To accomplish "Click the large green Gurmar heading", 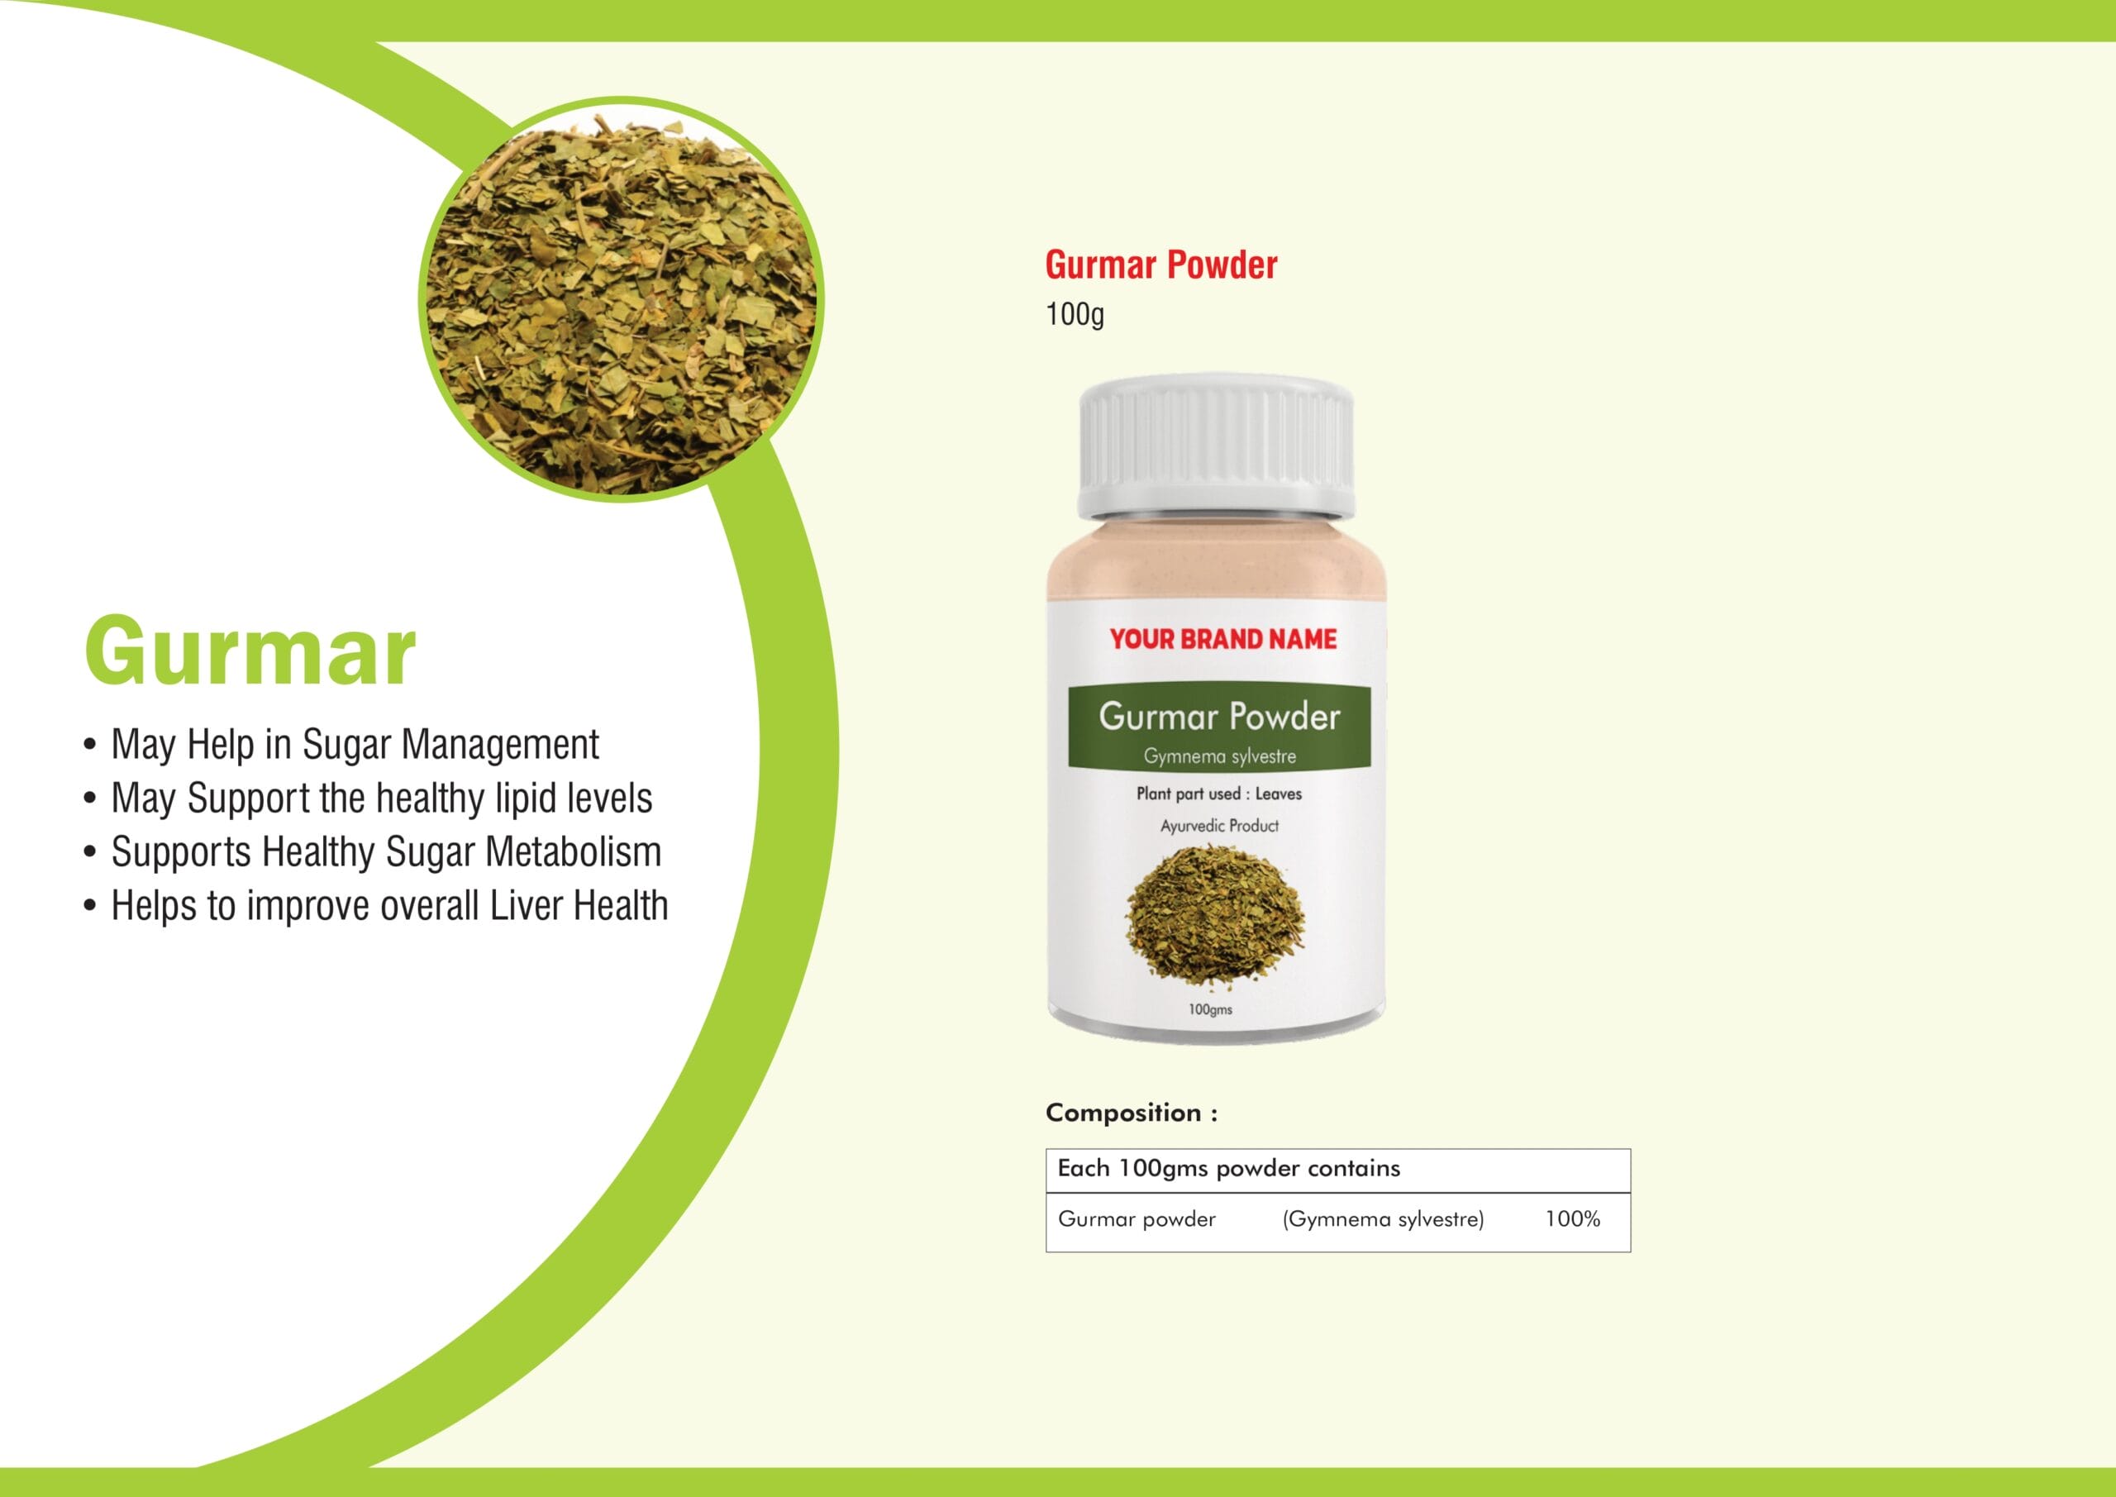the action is pos(250,651).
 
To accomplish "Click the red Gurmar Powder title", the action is pos(1161,265).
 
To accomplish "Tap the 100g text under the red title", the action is pos(1075,315).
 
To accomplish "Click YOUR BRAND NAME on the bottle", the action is pos(1223,639).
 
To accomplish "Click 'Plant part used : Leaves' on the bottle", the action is pos(1219,794).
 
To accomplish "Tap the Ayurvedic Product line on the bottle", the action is pos(1219,826).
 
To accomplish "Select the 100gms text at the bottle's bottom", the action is pos(1210,1009).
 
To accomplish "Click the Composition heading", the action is pos(1132,1113).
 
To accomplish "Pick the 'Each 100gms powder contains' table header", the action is pos(1228,1169).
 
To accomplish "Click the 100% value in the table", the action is pos(1572,1218).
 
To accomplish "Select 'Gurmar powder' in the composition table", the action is pos(1137,1219).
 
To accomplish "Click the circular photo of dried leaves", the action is pos(621,299).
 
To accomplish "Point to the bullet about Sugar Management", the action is pos(341,745).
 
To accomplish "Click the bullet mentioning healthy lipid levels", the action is pos(368,799).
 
